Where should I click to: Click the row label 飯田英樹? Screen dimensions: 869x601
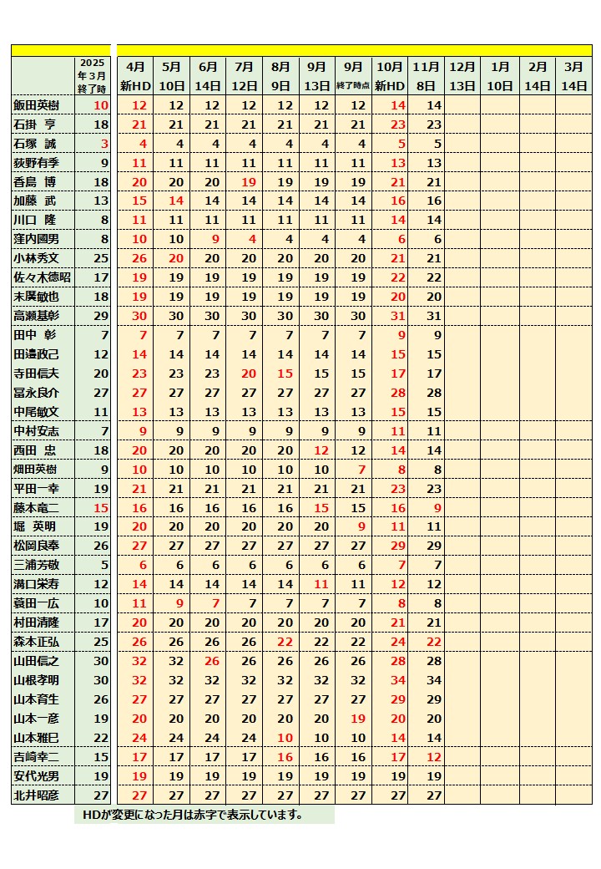(37, 105)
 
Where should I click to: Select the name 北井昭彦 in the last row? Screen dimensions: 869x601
(37, 795)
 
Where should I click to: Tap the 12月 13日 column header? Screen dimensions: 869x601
(462, 76)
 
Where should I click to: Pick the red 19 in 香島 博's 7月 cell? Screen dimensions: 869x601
(249, 182)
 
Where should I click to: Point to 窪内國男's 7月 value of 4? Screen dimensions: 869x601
(249, 239)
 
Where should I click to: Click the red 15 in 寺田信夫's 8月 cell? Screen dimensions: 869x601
(285, 374)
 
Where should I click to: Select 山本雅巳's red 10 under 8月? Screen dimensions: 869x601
(285, 738)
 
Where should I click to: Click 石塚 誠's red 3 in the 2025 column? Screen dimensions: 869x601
(104, 144)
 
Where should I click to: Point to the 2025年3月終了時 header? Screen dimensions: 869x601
(93, 76)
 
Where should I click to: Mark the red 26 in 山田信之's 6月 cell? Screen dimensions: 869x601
(212, 661)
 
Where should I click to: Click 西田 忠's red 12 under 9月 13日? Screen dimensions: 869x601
(321, 450)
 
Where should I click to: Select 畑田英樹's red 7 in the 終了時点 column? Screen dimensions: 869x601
(361, 470)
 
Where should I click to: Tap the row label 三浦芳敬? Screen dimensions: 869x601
(37, 565)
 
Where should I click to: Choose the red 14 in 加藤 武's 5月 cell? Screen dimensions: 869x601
(175, 201)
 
